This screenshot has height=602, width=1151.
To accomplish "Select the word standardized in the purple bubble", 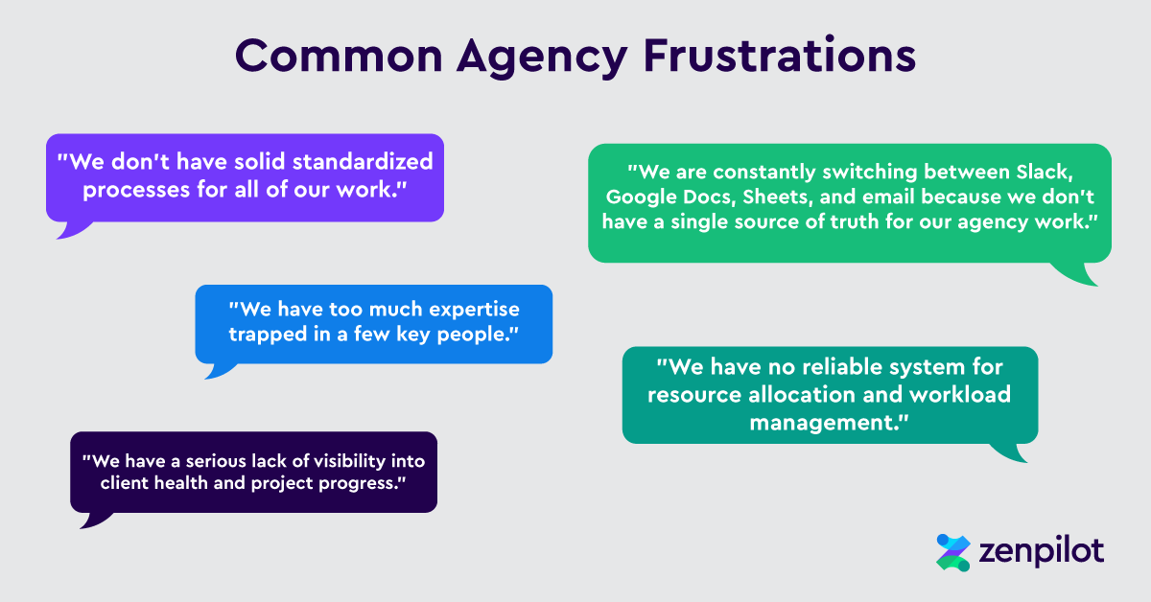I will [x=363, y=161].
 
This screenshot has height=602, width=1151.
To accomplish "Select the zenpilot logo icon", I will [x=953, y=553].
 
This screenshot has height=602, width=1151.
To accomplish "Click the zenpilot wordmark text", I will [x=1042, y=552].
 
